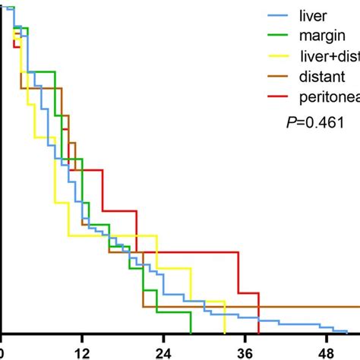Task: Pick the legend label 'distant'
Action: click(x=321, y=75)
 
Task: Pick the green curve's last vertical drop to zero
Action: click(x=191, y=322)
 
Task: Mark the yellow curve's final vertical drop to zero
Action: click(x=225, y=317)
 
